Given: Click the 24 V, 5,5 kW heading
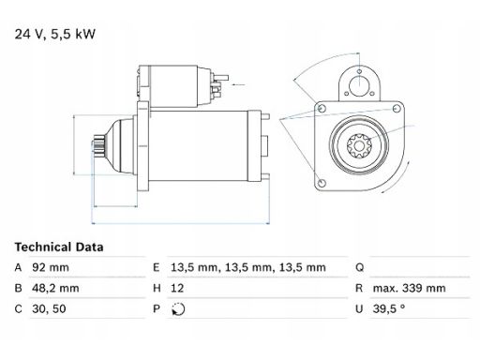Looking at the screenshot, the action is pos(55,34).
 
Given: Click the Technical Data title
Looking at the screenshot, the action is pos(59,247).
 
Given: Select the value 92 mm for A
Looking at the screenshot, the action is pos(51,267).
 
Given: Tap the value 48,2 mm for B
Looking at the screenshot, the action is pos(55,288).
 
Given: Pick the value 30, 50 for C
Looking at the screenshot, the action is pos(49,308).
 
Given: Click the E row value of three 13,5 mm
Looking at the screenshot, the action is pos(248,267).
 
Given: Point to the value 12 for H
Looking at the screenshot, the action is pos(177,288).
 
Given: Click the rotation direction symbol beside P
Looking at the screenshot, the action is pos(178,309).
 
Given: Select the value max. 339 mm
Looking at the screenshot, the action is pos(409,288).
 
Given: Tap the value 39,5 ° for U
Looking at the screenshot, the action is pos(389,308).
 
